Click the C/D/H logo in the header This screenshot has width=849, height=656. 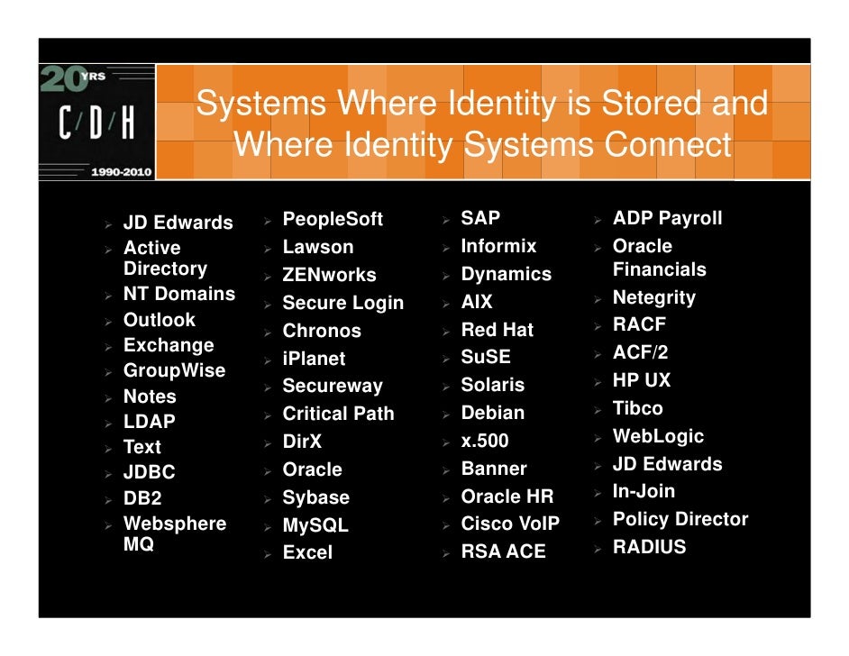[96, 123]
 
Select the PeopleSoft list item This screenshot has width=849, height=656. [333, 219]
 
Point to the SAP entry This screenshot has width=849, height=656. [480, 218]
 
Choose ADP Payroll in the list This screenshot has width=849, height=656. [667, 218]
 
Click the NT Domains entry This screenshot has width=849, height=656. [178, 294]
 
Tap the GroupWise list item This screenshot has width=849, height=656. [174, 370]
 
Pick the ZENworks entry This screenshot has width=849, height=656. [329, 275]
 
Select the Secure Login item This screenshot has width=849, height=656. [342, 303]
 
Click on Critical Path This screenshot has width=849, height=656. [338, 414]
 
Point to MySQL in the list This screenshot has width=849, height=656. [315, 525]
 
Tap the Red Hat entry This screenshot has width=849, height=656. [497, 330]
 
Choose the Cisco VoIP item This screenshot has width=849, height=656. [510, 524]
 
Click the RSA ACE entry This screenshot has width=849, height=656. [503, 551]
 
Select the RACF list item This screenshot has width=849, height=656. [639, 324]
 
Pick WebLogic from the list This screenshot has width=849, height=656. [658, 436]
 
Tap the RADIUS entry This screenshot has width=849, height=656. [649, 547]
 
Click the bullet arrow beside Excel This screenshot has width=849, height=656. [267, 553]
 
